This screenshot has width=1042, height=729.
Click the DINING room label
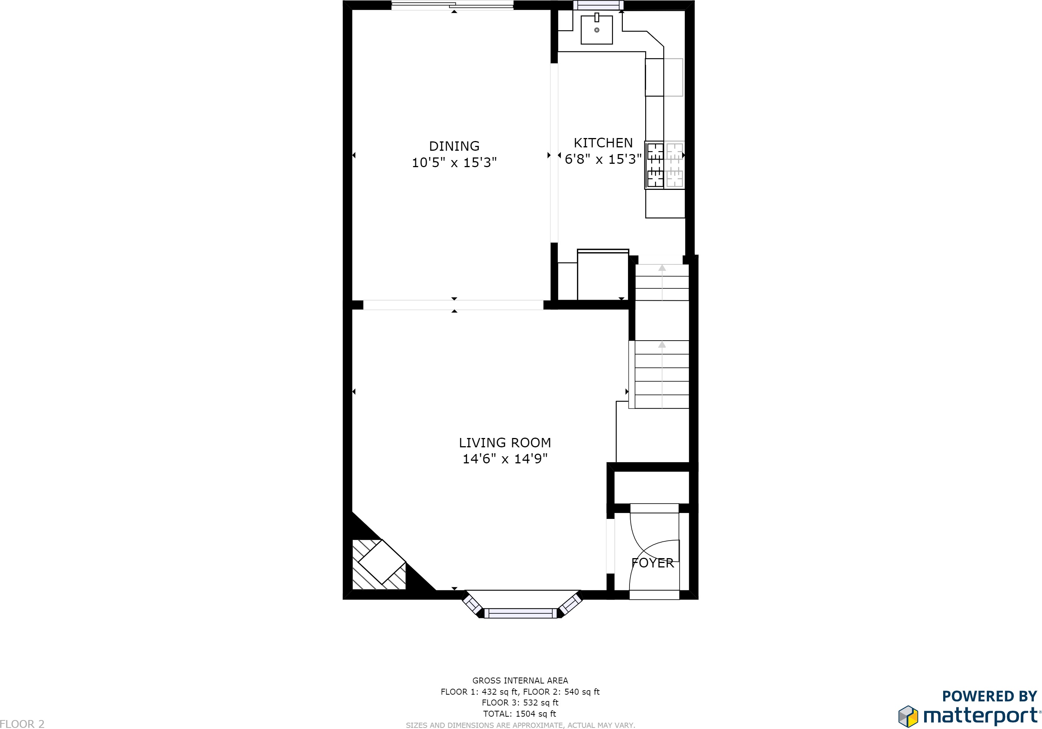tap(454, 146)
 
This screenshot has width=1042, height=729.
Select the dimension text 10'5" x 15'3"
tap(454, 163)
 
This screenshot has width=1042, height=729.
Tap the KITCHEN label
tap(603, 143)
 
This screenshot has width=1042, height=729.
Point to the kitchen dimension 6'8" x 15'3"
tap(603, 159)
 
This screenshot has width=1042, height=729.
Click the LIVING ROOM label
tap(505, 442)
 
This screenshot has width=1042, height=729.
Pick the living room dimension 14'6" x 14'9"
tap(505, 459)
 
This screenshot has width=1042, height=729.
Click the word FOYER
tap(653, 563)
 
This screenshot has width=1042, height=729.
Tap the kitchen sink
tap(596, 29)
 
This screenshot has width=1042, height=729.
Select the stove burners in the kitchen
tap(655, 165)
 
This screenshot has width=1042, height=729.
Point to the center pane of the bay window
tap(521, 614)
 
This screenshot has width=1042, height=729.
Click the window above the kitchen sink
tap(598, 5)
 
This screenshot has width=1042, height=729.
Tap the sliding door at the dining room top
tap(452, 6)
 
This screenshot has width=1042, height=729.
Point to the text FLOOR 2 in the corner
tap(22, 723)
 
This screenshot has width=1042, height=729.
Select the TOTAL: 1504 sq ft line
tap(520, 714)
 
